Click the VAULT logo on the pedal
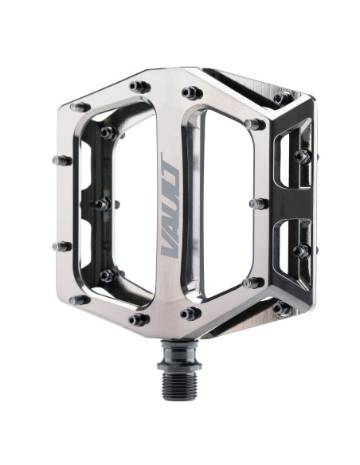click(x=169, y=205)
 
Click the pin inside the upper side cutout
click(x=303, y=156)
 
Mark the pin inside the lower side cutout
click(x=301, y=252)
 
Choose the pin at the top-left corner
click(x=80, y=106)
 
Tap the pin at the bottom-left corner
click(x=80, y=300)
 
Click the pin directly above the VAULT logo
click(x=190, y=93)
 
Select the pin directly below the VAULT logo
click(x=190, y=313)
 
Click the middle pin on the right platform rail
click(x=258, y=204)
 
